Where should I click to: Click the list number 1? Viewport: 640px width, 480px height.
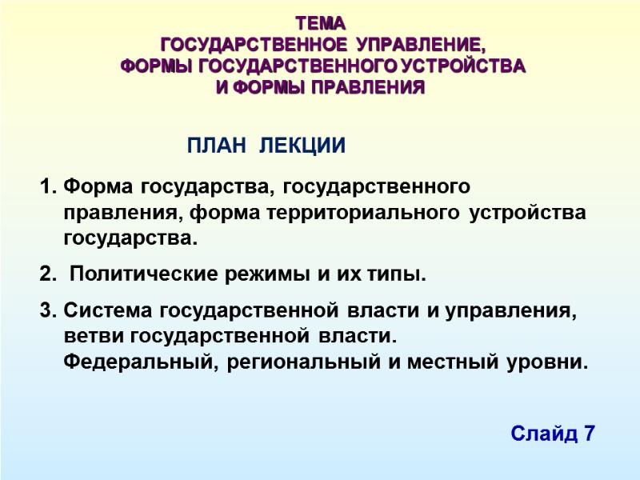45,188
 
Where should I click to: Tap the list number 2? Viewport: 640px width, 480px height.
45,276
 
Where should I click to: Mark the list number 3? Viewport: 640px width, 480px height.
45,310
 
